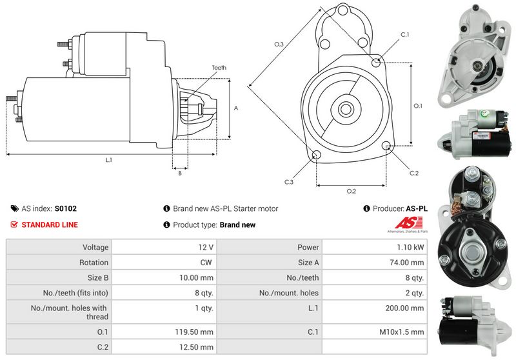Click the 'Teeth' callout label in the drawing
tap(219, 68)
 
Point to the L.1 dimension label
tap(109, 159)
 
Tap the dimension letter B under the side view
tap(179, 172)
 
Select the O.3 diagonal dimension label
tap(279, 44)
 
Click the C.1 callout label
tap(405, 34)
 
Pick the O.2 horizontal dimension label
tap(351, 191)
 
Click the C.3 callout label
tap(289, 182)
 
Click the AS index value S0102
tap(66, 208)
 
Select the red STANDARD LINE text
tap(50, 225)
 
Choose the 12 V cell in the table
tap(206, 247)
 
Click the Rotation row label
tap(95, 262)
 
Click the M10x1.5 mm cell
tap(403, 332)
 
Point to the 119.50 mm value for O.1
tap(197, 332)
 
